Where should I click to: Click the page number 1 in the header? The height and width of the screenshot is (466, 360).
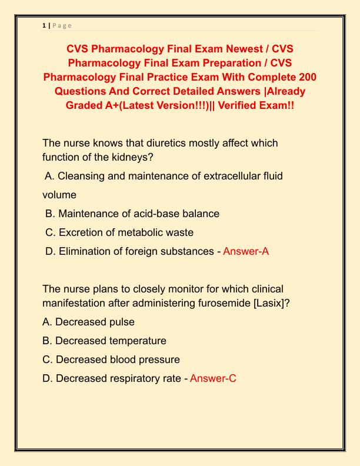pos(44,25)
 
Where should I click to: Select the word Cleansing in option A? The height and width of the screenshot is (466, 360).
pos(82,176)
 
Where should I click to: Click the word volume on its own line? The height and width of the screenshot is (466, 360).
pos(59,195)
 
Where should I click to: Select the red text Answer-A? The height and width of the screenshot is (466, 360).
pos(246,251)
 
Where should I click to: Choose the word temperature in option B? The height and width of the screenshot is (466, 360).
pos(138,341)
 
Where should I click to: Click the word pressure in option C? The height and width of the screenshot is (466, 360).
pos(158,360)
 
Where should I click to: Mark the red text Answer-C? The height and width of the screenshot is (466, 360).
pos(213,378)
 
